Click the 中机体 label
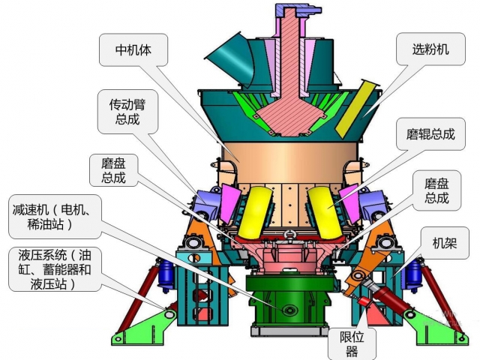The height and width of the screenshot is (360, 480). click(133, 51)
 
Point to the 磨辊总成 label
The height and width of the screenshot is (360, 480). click(424, 135)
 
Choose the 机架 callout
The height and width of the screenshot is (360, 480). click(449, 243)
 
